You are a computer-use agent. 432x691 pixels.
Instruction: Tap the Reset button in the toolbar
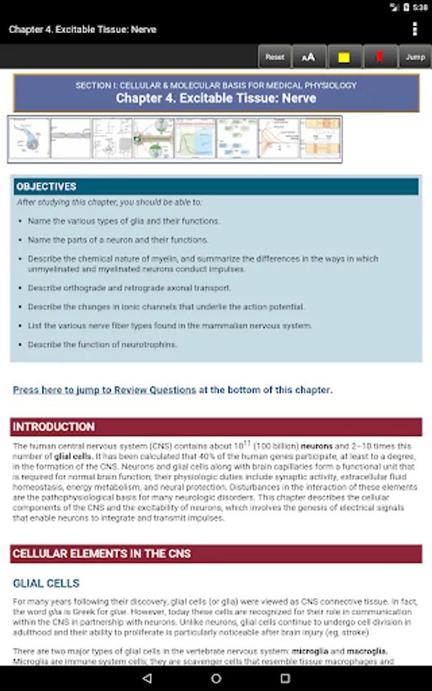click(275, 57)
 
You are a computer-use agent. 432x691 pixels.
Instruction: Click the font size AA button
click(308, 57)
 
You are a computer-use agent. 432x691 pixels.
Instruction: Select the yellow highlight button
click(345, 57)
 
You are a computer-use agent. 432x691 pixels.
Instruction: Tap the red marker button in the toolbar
click(379, 57)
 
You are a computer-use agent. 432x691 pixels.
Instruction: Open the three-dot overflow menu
click(415, 29)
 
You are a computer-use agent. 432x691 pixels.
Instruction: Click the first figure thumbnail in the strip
click(29, 139)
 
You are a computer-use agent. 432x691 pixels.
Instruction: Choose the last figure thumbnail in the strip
click(320, 139)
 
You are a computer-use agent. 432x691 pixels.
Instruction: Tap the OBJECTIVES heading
click(47, 187)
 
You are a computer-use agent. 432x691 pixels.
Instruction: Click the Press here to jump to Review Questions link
click(104, 390)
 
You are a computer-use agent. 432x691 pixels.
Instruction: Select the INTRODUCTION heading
click(54, 427)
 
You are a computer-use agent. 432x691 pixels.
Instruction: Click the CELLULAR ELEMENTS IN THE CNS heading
click(102, 554)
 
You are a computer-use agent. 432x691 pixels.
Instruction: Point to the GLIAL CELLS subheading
click(46, 584)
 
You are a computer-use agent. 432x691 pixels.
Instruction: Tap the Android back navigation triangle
click(147, 679)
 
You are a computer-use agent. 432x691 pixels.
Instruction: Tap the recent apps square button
click(285, 679)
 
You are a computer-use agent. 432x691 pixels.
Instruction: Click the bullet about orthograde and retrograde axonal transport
click(129, 288)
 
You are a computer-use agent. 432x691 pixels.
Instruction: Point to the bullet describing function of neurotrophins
click(102, 345)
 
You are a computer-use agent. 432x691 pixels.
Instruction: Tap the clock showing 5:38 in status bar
click(420, 7)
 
